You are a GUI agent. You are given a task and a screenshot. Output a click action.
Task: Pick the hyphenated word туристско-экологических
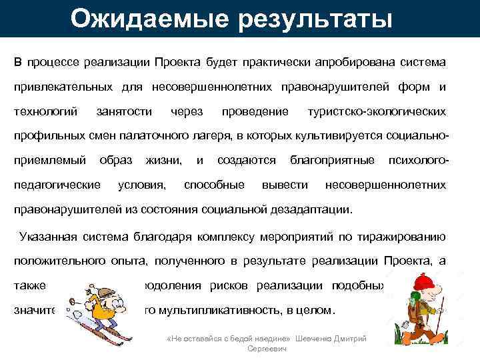pos(377,111)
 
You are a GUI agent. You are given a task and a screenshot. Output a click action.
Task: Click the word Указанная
pos(52,237)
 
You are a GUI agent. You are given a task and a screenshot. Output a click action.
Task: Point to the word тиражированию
pos(404,237)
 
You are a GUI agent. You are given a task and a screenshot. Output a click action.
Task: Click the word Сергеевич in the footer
pos(267,349)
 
